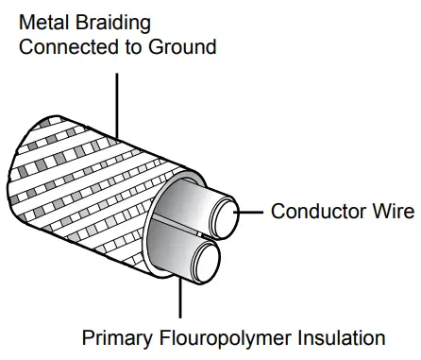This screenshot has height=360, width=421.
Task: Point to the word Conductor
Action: pyautogui.click(x=312, y=211)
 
